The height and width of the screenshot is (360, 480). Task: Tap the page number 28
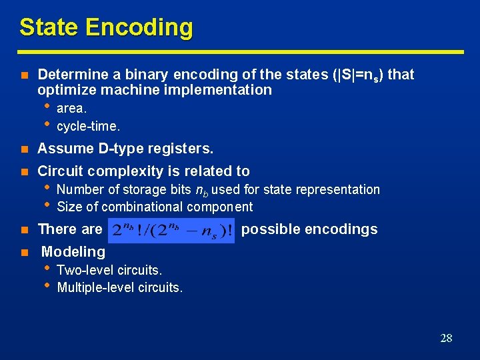click(446, 338)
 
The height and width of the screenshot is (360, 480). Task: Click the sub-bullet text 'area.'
click(72, 108)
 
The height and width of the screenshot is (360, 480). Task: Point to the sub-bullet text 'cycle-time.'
click(89, 125)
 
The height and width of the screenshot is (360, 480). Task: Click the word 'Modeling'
click(73, 251)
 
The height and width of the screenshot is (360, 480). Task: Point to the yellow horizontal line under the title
click(240, 51)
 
